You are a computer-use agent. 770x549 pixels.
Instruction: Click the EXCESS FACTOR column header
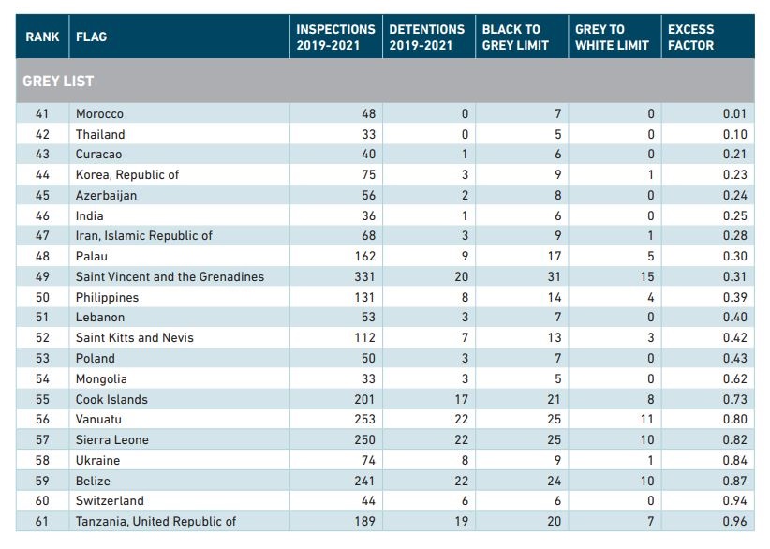[690, 37]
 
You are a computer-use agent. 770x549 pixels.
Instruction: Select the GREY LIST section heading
[58, 81]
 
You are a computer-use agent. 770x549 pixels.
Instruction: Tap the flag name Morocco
[99, 114]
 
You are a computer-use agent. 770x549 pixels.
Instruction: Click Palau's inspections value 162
[365, 257]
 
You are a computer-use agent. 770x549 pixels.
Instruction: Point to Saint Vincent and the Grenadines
[170, 277]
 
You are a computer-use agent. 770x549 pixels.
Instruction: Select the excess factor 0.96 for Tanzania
[734, 521]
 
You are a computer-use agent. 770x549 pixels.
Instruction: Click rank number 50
[42, 298]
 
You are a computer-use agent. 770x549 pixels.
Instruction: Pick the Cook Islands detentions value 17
[461, 400]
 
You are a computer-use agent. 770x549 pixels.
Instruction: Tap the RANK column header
[42, 37]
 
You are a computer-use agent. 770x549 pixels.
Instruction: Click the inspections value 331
[365, 277]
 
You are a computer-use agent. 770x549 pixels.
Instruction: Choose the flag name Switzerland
[110, 501]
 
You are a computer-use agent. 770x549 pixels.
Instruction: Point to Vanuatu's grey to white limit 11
[647, 420]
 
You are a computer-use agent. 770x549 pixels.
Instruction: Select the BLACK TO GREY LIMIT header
[515, 37]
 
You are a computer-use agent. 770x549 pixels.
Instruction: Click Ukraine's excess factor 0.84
[734, 461]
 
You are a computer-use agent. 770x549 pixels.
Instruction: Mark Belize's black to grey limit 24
[554, 482]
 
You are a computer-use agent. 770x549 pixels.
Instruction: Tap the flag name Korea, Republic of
[127, 175]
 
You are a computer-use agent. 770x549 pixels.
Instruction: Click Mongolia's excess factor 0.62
[734, 379]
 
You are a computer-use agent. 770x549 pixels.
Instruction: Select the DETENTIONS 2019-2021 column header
[427, 37]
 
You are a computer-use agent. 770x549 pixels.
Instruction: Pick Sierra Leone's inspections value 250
[365, 440]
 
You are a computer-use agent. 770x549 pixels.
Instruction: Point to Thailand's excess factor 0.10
[734, 135]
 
